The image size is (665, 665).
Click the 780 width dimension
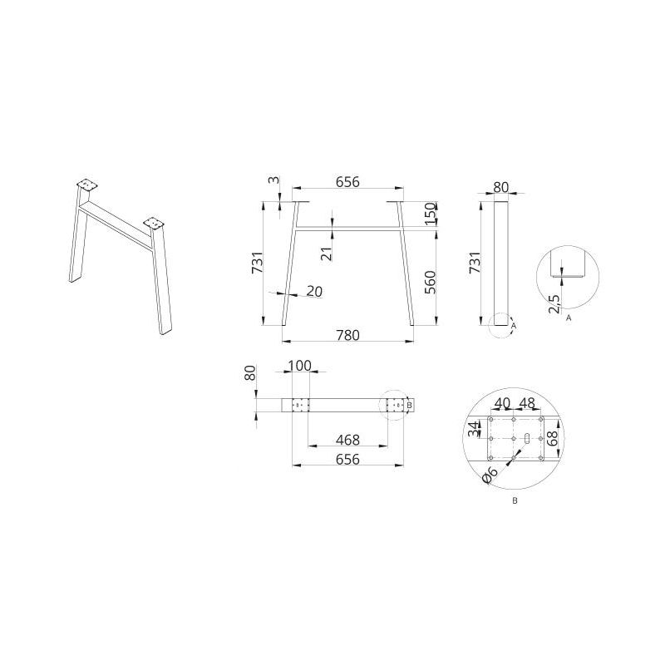click(347, 335)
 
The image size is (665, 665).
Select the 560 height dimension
click(430, 283)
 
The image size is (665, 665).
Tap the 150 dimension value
click(431, 214)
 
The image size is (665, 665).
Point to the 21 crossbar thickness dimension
click(326, 254)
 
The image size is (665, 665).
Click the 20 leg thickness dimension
click(314, 292)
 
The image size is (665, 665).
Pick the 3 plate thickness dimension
click(275, 180)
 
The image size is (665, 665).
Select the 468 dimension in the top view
click(347, 440)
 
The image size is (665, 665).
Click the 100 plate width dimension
click(299, 365)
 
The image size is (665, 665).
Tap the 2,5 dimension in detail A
click(554, 303)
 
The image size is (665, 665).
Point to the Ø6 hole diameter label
click(490, 475)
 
